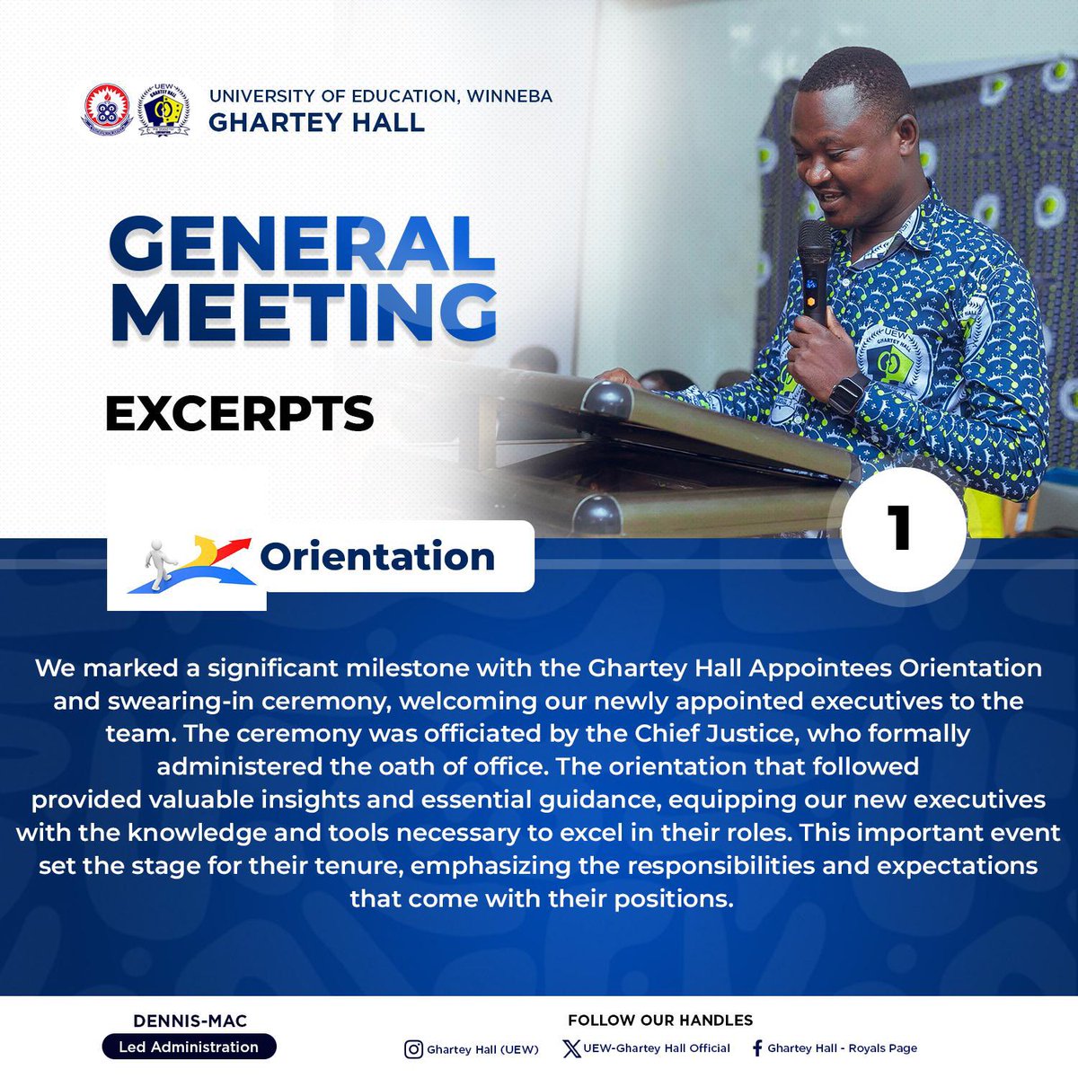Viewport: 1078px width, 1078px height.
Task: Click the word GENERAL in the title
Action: point(302,243)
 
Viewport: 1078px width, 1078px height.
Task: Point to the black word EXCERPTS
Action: point(239,413)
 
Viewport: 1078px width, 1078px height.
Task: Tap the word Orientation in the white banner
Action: point(377,557)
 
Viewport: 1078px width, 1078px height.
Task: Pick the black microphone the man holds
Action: point(815,266)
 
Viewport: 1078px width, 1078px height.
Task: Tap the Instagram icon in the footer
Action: point(413,1049)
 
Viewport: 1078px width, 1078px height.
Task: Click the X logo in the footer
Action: point(571,1048)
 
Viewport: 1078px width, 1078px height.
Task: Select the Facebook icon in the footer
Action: point(756,1048)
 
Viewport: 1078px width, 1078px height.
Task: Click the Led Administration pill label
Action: point(189,1047)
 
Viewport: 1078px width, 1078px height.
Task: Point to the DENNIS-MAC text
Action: point(190,1021)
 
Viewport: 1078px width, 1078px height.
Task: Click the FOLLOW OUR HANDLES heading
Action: point(660,1021)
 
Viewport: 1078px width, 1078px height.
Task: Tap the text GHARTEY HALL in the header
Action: point(316,121)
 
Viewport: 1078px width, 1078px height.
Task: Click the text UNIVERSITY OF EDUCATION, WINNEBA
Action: point(381,95)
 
